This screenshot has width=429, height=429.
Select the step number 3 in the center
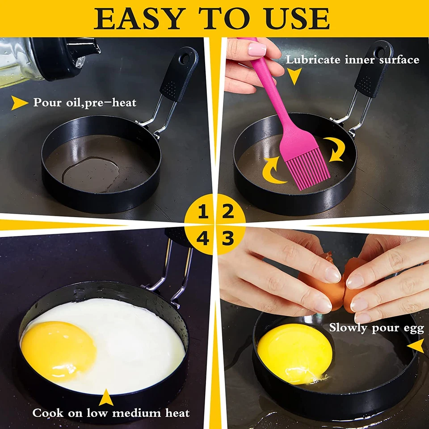pyautogui.click(x=228, y=239)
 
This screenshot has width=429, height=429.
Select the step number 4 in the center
pyautogui.click(x=203, y=239)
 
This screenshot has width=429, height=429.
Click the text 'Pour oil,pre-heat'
pyautogui.click(x=85, y=103)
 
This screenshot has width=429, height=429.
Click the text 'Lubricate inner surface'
pyautogui.click(x=353, y=59)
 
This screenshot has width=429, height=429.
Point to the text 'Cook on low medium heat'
pyautogui.click(x=111, y=413)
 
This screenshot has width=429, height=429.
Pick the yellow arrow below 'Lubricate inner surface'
pyautogui.click(x=294, y=79)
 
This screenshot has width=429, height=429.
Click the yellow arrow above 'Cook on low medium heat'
pyautogui.click(x=105, y=397)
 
